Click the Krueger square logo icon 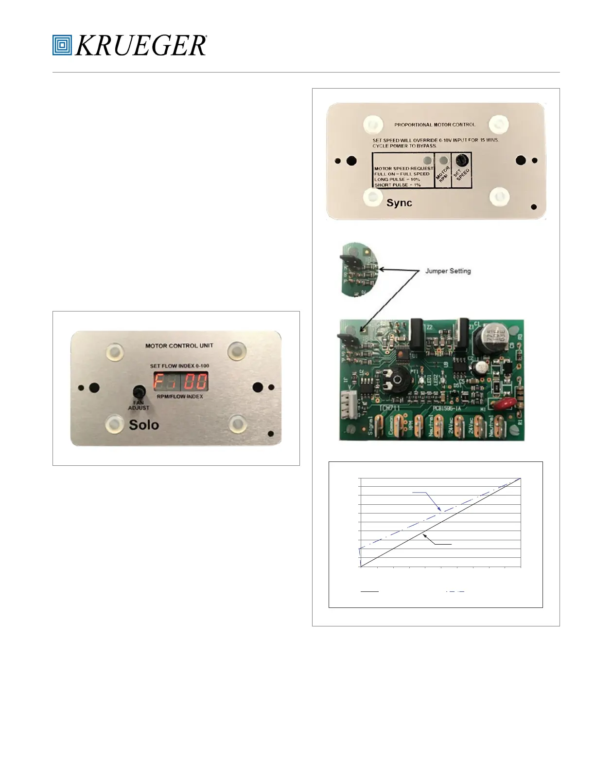62,45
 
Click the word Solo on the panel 144,425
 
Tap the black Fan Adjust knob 139,392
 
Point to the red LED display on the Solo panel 181,381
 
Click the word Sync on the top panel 399,203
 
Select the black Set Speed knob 462,160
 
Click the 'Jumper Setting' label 448,271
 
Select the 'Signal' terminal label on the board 372,426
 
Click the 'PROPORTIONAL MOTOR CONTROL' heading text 435,125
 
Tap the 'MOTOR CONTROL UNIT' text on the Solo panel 179,346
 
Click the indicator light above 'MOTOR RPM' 443,160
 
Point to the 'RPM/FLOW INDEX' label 180,397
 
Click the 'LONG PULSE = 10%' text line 397,180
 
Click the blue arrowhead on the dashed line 439,509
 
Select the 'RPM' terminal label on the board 410,426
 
